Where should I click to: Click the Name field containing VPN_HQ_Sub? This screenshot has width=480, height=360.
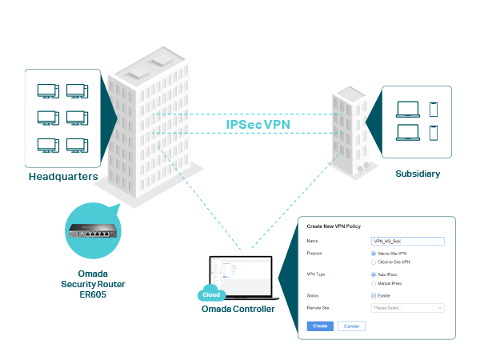click(x=408, y=239)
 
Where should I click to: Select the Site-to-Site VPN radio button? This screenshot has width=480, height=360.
click(x=374, y=254)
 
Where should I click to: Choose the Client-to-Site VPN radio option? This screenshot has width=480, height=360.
click(x=374, y=262)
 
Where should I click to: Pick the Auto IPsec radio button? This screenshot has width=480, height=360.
click(x=374, y=275)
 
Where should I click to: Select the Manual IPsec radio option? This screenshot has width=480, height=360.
click(x=374, y=283)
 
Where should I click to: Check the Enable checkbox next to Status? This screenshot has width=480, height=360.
click(x=374, y=296)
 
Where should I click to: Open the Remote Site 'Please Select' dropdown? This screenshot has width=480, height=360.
click(x=408, y=307)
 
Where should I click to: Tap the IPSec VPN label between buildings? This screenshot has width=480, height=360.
click(x=258, y=125)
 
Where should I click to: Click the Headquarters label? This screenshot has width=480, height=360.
click(x=63, y=176)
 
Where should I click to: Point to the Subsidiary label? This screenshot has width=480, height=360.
click(x=417, y=173)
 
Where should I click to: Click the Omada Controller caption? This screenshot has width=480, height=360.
click(x=238, y=309)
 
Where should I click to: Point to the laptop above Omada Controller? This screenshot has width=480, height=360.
click(x=239, y=276)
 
